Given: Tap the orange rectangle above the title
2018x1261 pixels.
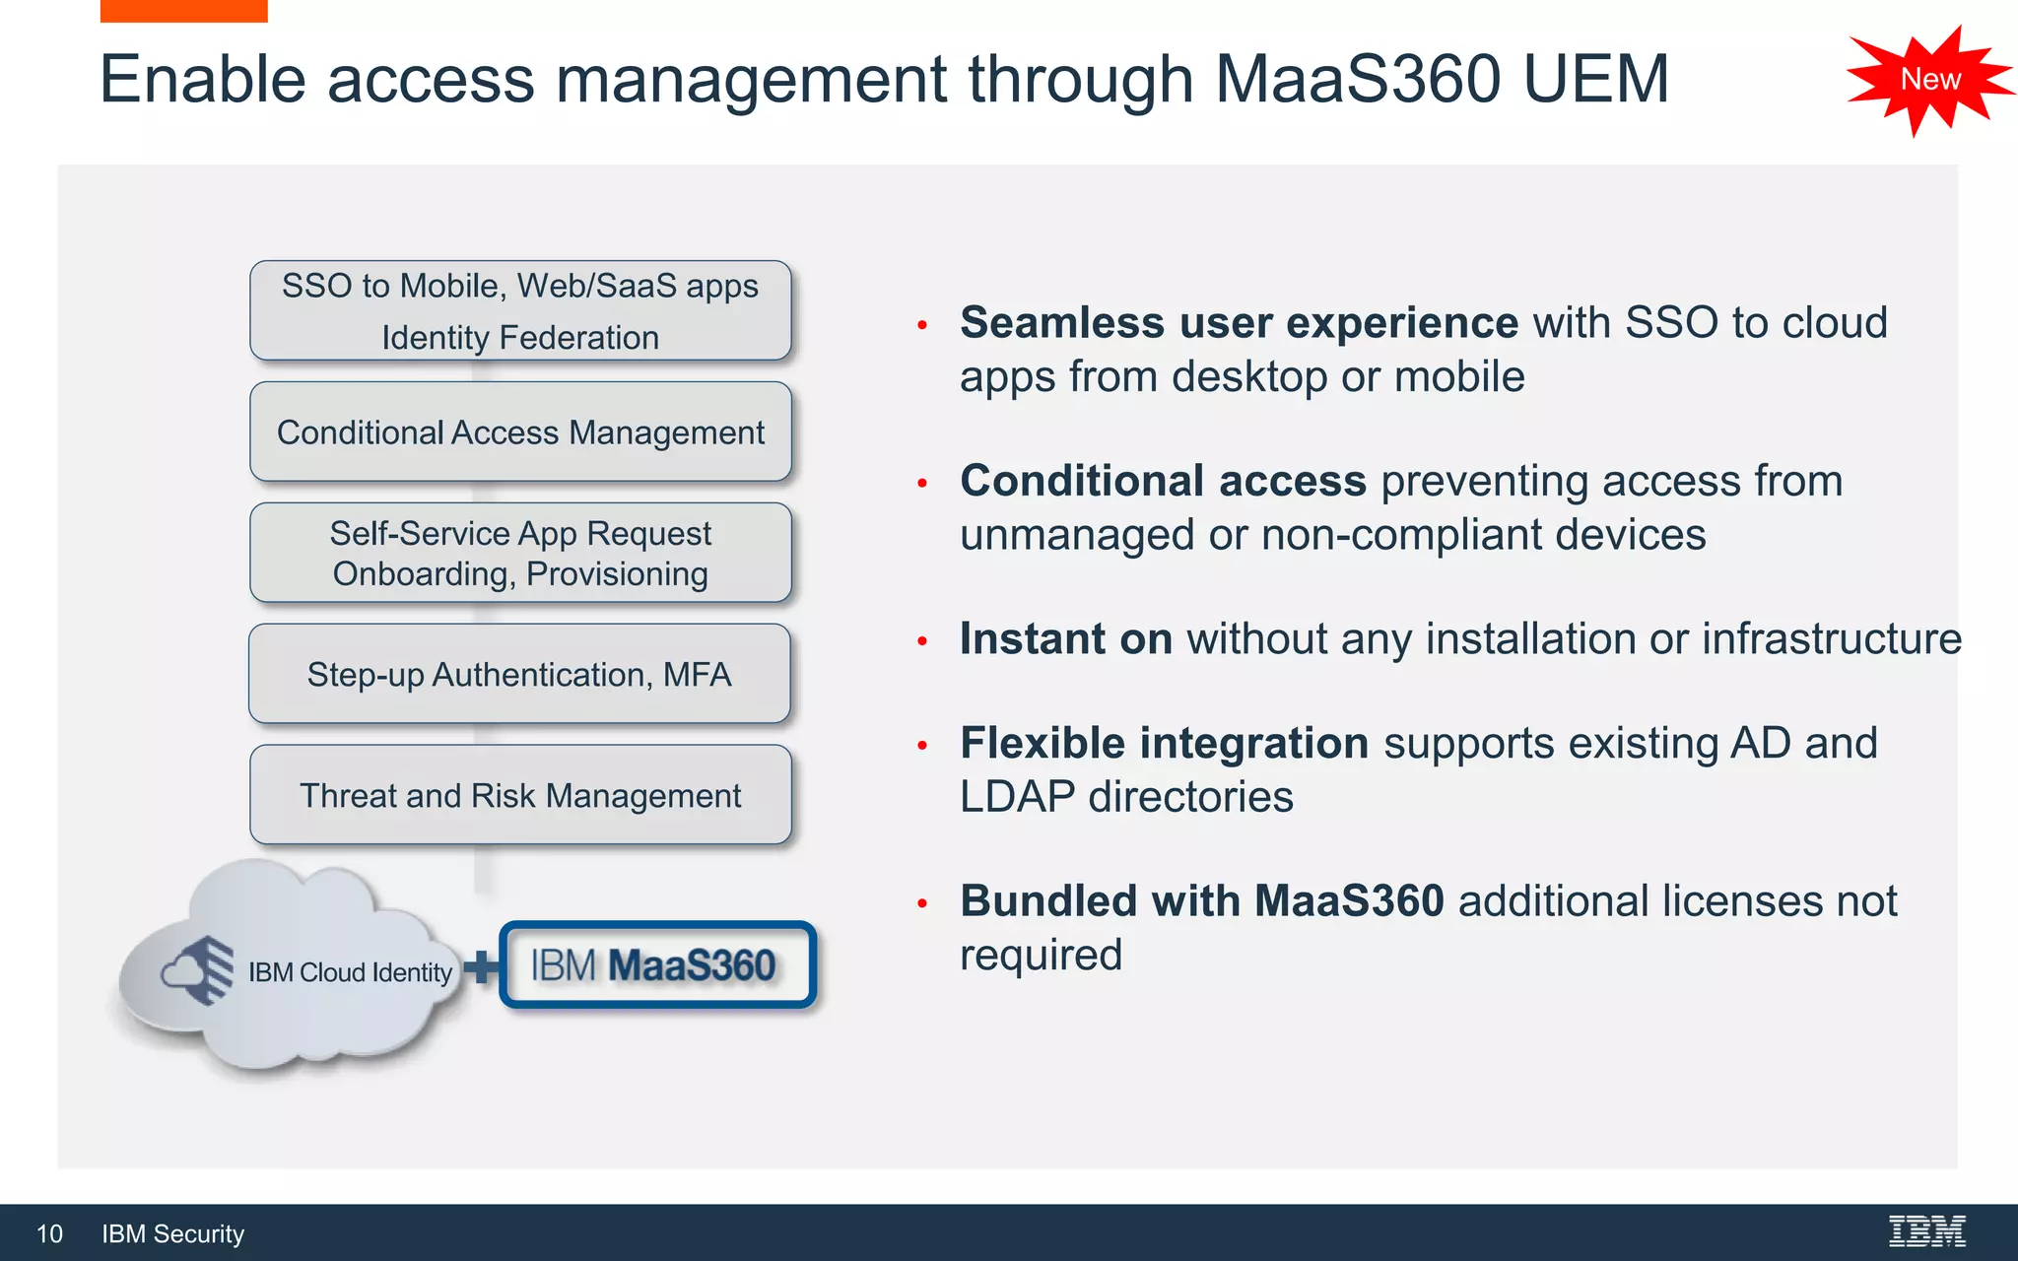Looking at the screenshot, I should pos(183,10).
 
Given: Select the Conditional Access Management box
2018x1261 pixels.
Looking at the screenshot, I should pos(520,432).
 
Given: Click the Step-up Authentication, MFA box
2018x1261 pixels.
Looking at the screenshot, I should pos(519,675).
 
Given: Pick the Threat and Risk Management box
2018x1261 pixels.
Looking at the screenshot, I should pos(520,795).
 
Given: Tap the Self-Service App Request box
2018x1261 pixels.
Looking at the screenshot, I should pos(520,553).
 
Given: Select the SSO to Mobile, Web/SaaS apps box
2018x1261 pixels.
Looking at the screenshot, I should pos(520,310).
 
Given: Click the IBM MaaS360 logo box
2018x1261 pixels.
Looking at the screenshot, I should pos(657,965).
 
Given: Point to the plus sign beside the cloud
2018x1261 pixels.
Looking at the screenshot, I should pos(481,966).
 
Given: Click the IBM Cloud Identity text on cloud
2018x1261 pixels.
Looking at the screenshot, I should pos(350,972).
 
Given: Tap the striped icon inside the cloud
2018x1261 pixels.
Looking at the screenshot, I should pos(200,970).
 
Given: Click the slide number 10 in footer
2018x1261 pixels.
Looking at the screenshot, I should pos(49,1233).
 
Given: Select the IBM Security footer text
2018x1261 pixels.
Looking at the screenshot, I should pos(172,1233).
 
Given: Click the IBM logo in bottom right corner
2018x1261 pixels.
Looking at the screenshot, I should pos(1926,1231).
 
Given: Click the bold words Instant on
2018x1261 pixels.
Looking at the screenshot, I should pos(1066,638).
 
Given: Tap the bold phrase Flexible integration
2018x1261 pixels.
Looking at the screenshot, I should pos(1164,743).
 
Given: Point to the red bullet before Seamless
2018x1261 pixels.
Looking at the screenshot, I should pos(922,325).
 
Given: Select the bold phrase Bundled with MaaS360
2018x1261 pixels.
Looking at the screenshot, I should pos(1201,900).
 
